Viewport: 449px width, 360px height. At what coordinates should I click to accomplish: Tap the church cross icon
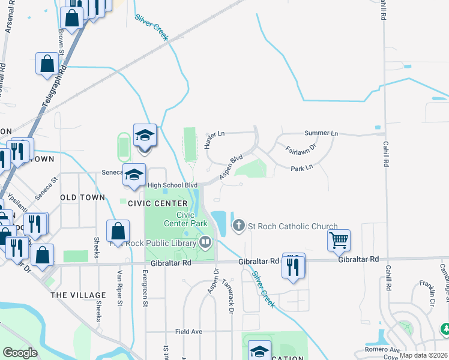(239, 226)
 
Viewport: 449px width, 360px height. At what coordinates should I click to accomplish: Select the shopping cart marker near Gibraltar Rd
(339, 241)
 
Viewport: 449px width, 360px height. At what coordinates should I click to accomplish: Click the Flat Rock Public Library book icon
(206, 242)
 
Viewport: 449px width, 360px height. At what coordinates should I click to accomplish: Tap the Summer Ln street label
(321, 133)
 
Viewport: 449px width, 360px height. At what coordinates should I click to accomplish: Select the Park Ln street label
(302, 169)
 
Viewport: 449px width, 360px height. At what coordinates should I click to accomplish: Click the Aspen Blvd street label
(231, 166)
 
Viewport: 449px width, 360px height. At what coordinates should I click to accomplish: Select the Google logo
(20, 353)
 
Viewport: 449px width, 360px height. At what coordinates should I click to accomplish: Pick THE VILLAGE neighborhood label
(78, 295)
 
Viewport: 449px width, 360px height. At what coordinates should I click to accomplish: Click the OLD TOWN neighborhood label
(83, 197)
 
